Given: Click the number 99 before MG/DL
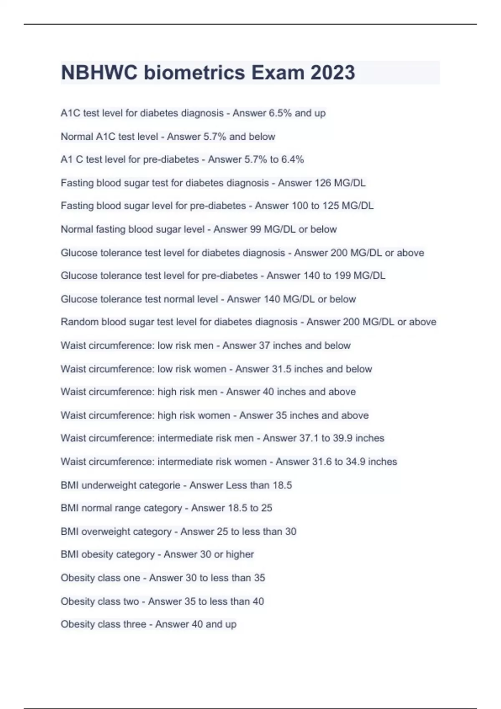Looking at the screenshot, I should (x=255, y=229).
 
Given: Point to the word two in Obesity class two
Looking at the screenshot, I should (x=131, y=601).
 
